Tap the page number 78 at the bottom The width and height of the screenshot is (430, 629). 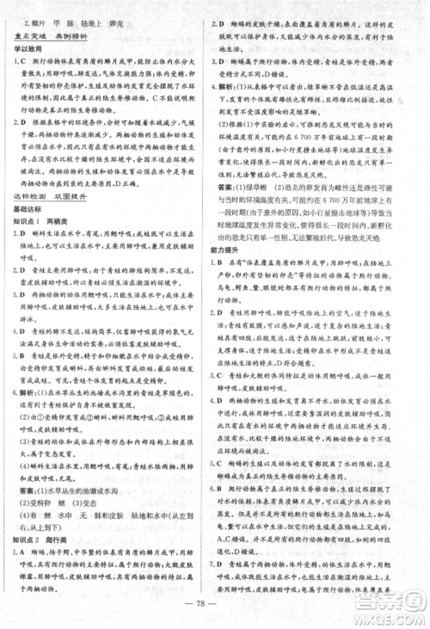tap(214, 613)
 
